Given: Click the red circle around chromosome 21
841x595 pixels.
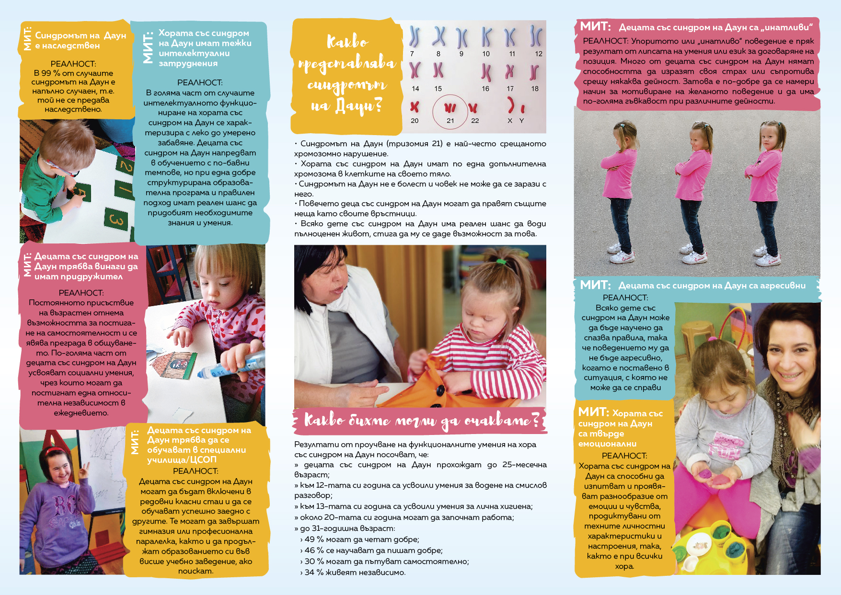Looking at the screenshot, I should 450,112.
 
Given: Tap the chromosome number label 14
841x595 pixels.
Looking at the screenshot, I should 415,89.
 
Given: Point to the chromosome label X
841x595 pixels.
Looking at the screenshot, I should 510,121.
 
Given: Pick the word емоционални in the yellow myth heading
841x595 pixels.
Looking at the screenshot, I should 607,444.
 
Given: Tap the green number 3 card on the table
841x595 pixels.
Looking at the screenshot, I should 116,219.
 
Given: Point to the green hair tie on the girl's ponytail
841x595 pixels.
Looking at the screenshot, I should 501,262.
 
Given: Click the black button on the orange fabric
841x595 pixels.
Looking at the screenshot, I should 440,391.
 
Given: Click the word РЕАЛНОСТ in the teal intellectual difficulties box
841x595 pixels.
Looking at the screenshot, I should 199,83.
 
